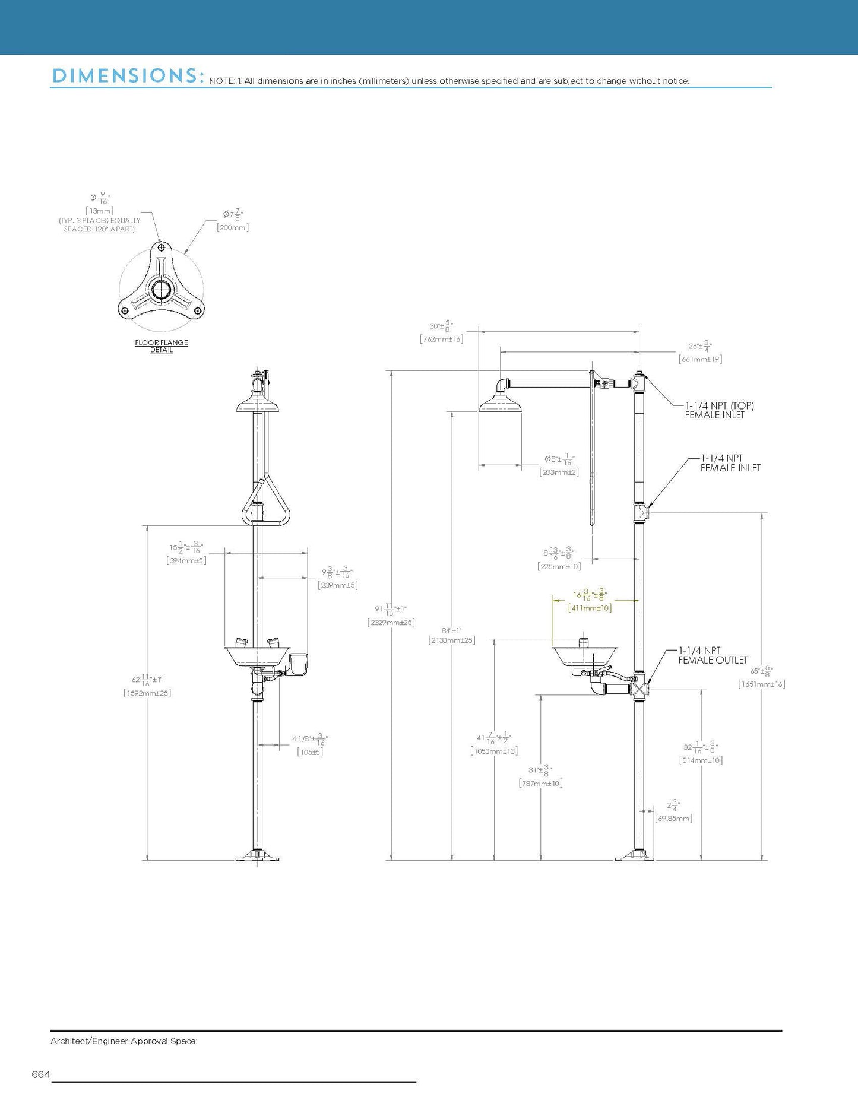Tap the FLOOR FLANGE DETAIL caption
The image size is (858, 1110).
(x=162, y=346)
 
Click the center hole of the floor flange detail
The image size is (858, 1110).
(x=161, y=290)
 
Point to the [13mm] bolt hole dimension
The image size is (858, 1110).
(x=99, y=211)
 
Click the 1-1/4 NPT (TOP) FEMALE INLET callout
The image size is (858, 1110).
(x=719, y=410)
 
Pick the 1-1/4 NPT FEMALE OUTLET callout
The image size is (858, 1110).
(x=713, y=655)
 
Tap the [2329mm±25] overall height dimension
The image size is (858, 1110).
(x=391, y=623)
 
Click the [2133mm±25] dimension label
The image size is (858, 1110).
(x=452, y=640)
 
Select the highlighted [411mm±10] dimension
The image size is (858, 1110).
(x=590, y=608)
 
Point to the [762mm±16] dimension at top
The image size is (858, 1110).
(x=441, y=339)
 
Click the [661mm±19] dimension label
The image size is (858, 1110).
(x=700, y=359)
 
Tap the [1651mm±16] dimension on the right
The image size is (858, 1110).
(x=762, y=684)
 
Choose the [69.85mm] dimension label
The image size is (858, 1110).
(x=673, y=818)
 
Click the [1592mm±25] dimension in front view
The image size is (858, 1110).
(x=147, y=693)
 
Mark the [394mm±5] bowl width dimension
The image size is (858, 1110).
(x=186, y=560)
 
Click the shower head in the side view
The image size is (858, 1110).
(x=501, y=404)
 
